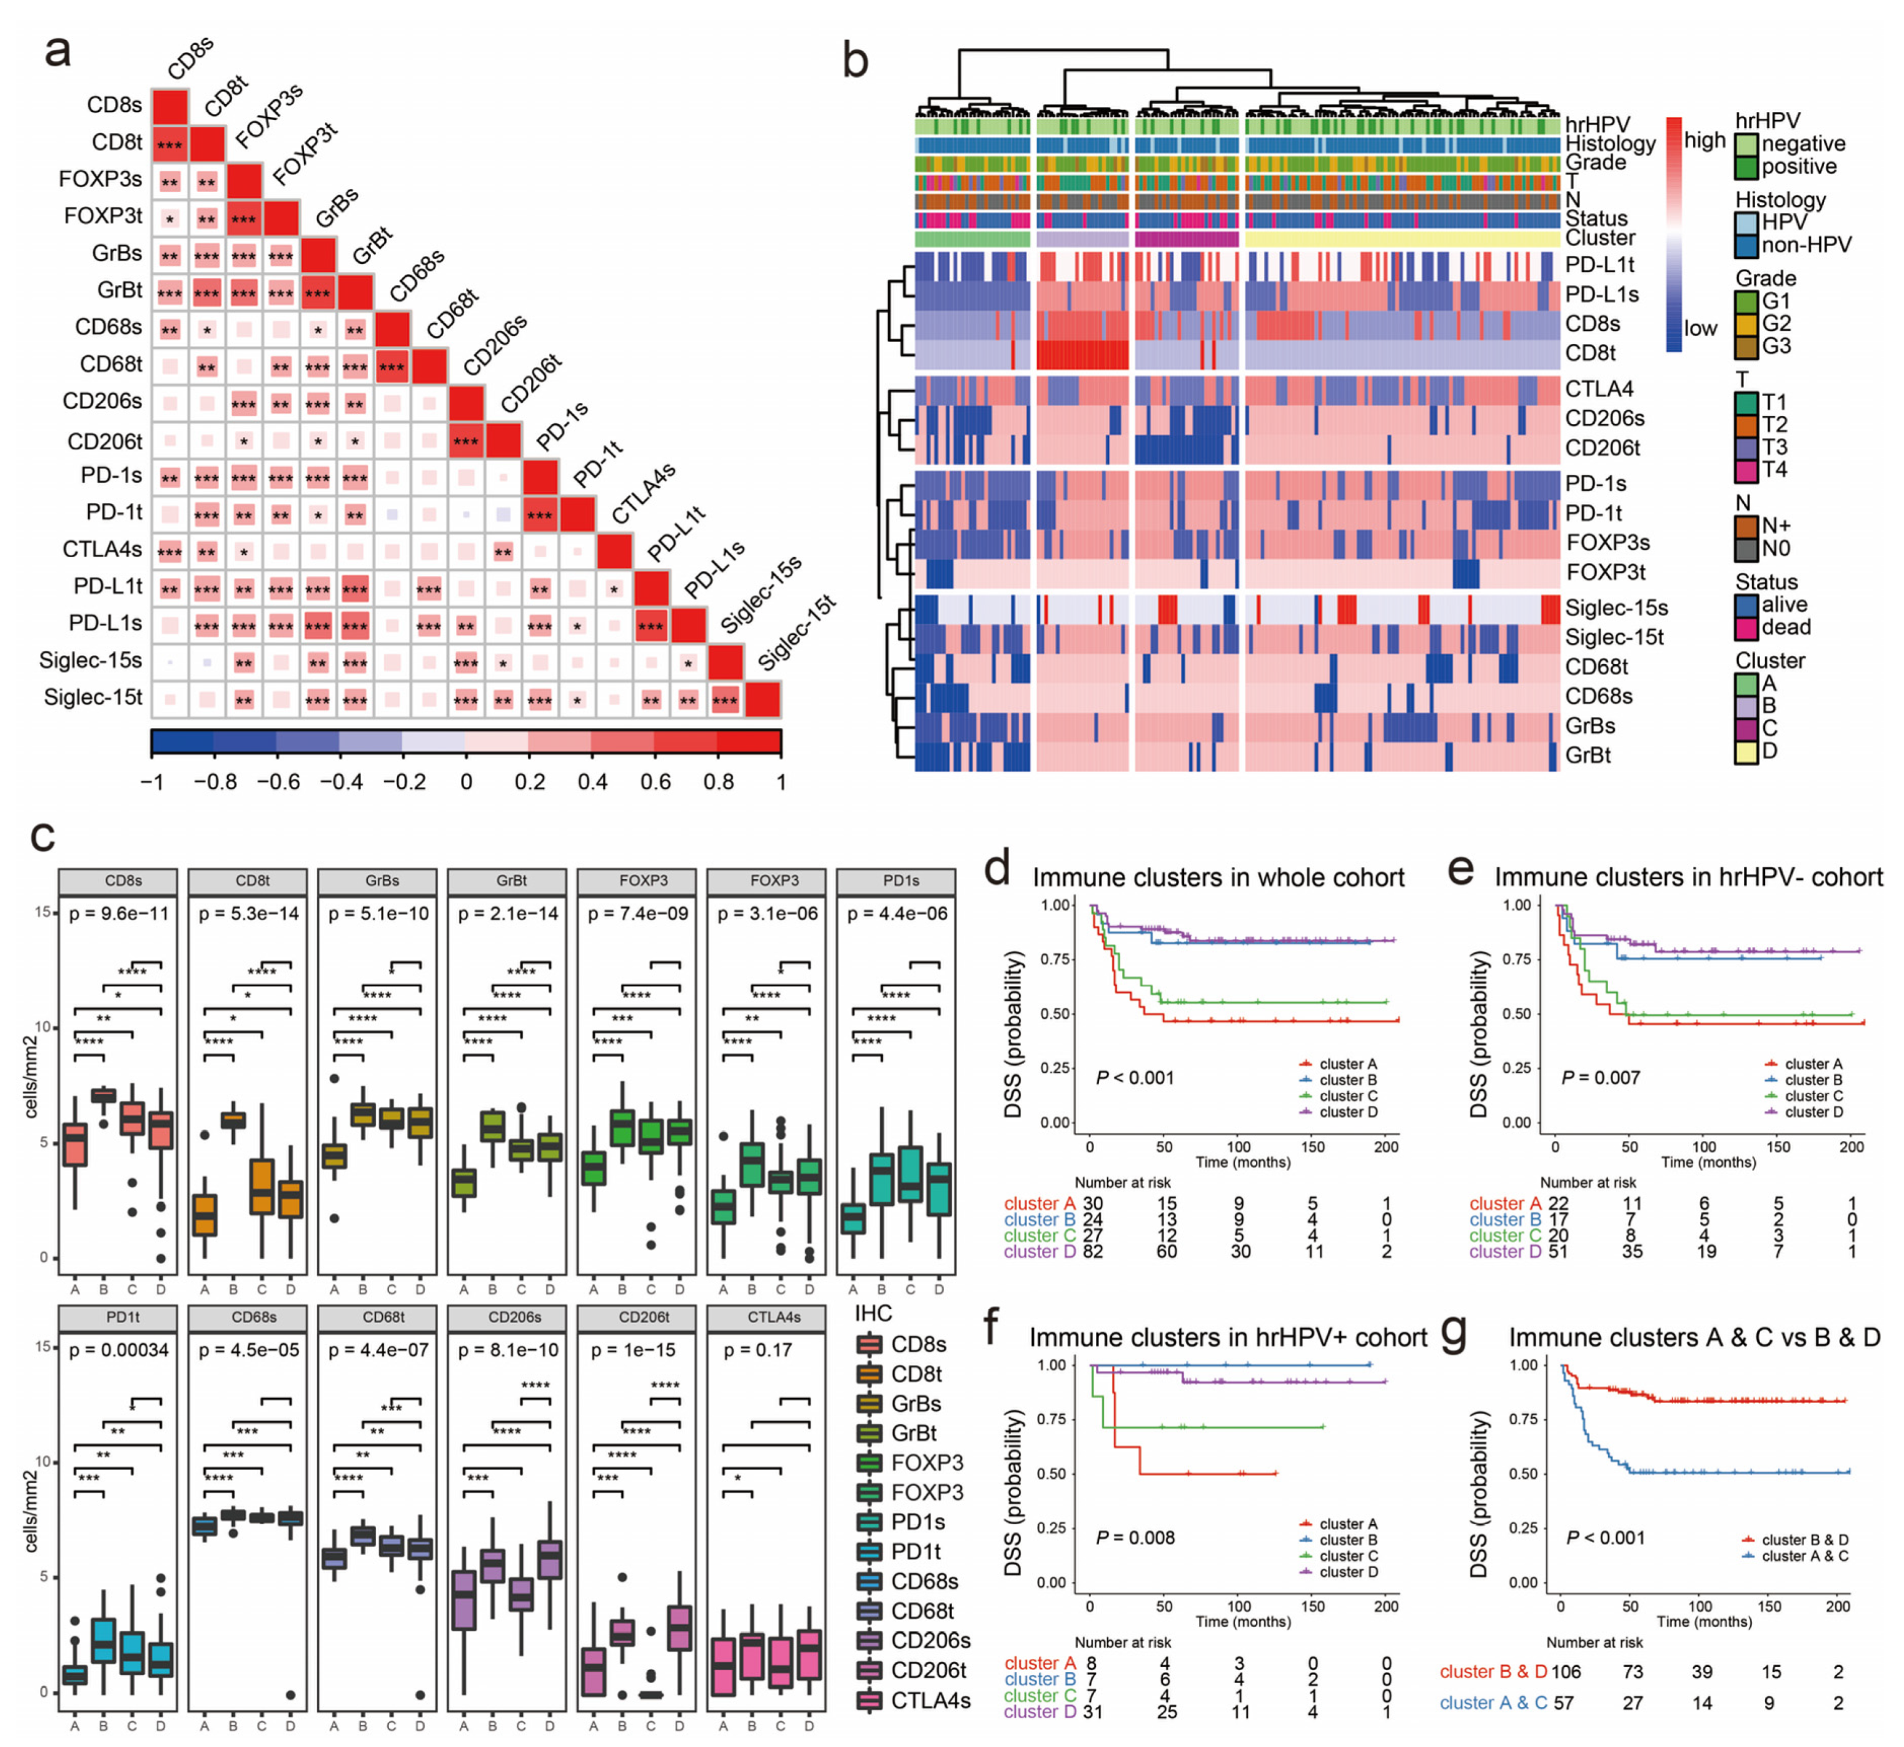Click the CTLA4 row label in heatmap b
pyautogui.click(x=1599, y=388)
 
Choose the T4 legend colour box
pyautogui.click(x=1746, y=470)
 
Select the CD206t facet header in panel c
pyautogui.click(x=644, y=1317)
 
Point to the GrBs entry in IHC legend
pyautogui.click(x=870, y=1404)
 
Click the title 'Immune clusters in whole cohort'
pyautogui.click(x=1218, y=878)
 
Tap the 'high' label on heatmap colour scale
pyautogui.click(x=1704, y=141)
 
